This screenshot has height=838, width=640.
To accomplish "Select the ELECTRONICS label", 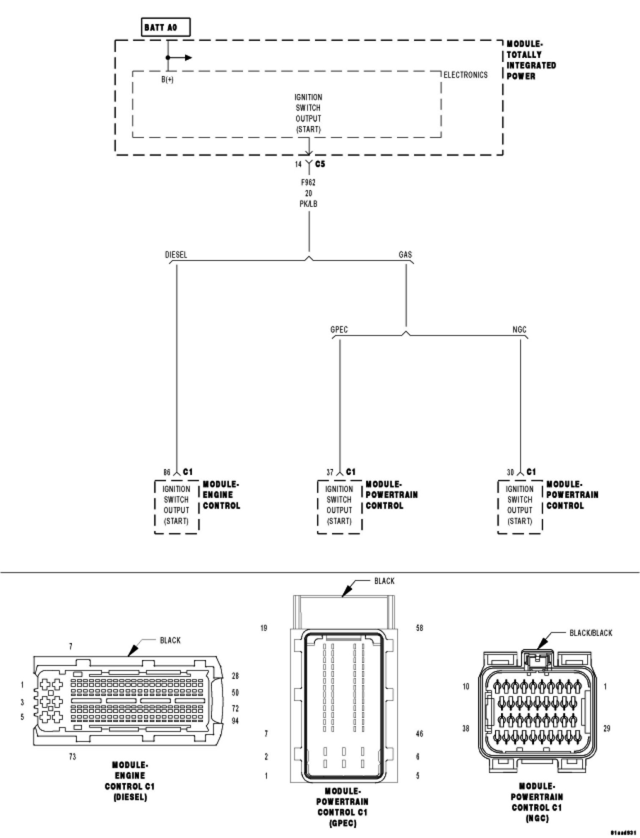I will click(x=466, y=75).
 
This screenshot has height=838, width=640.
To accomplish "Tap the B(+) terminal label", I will click(x=168, y=80).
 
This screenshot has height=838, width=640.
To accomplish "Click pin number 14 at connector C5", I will click(x=298, y=165).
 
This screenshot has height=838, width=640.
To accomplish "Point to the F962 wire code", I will click(x=308, y=183).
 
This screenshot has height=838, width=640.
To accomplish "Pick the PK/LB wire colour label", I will click(x=308, y=204).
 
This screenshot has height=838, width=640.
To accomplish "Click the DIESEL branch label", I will click(x=176, y=255).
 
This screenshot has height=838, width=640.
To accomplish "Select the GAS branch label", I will click(x=405, y=255).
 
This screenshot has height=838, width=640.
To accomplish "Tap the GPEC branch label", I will click(x=339, y=330).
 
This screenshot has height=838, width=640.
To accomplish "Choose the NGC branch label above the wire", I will click(x=519, y=330).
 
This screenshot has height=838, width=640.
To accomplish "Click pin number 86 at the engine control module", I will click(x=167, y=472).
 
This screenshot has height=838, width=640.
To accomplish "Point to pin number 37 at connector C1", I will click(x=330, y=472).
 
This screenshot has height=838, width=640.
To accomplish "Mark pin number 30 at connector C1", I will click(x=510, y=472).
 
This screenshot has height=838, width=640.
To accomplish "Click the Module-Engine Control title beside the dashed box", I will click(x=221, y=495).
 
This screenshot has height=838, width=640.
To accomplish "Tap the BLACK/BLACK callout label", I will click(x=591, y=633).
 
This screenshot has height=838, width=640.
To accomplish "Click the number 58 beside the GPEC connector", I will click(x=419, y=628).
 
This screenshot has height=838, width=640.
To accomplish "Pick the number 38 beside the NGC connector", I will click(x=466, y=729).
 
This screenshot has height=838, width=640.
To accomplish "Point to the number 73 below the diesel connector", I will click(x=72, y=756).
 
